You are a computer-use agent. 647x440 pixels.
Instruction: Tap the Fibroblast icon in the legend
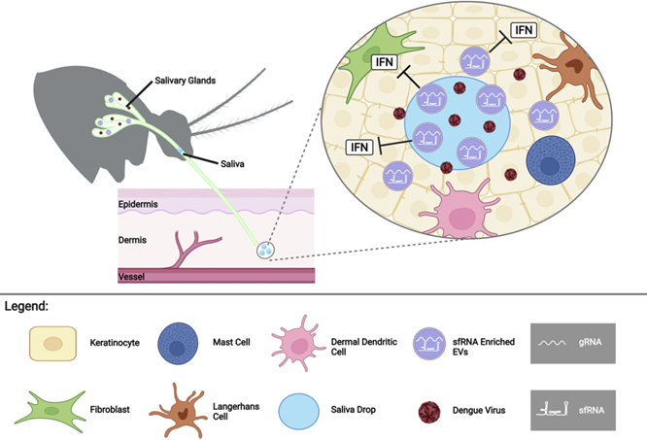tap(51, 409)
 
